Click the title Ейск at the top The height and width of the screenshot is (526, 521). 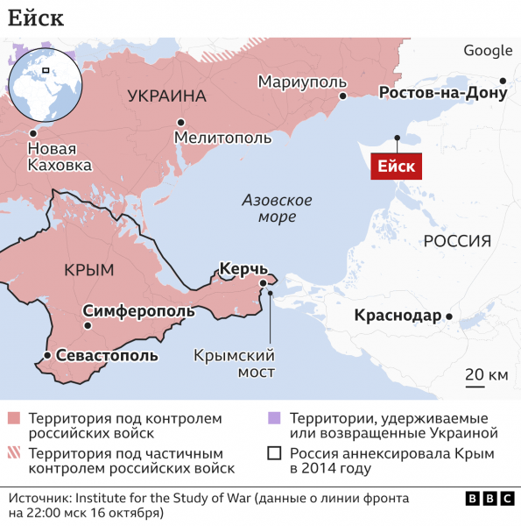point(36,18)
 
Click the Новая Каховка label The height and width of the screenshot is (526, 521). point(59,157)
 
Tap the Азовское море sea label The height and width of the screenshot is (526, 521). point(277,208)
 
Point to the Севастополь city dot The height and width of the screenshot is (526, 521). point(46,355)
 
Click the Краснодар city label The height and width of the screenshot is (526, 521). point(398,316)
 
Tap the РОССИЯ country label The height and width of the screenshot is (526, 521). point(456,241)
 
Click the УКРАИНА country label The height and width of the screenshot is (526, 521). point(166,96)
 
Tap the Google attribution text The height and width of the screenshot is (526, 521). point(488,51)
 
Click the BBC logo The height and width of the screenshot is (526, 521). point(489,498)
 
